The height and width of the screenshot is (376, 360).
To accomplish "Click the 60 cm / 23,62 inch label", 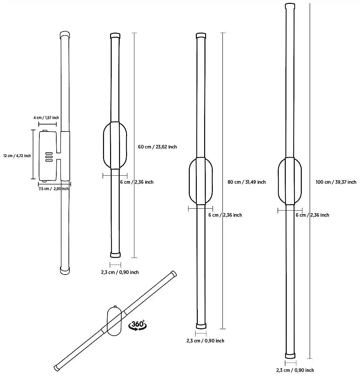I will coord(157,147).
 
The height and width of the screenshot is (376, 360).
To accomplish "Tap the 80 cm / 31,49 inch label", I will coord(246,182).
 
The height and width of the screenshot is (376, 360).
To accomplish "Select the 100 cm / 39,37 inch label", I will coord(336,182).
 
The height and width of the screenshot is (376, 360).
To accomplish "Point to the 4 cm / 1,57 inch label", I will coord(46,118).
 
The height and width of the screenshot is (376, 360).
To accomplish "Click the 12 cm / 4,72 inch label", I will coord(17,156).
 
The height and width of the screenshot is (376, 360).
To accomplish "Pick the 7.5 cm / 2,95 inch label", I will coord(53,189).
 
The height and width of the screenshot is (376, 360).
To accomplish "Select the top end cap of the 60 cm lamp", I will coord(115,35).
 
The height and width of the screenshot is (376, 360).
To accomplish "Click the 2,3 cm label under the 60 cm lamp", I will coord(120,272).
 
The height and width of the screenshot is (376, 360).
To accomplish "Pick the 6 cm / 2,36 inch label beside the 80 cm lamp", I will coord(225,215).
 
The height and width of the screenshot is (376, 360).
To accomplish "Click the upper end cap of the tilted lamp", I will coord(173,275).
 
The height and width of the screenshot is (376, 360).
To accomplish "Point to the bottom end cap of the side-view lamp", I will coord(65,270).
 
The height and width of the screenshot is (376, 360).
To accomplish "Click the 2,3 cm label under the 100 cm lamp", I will coord(295,370).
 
